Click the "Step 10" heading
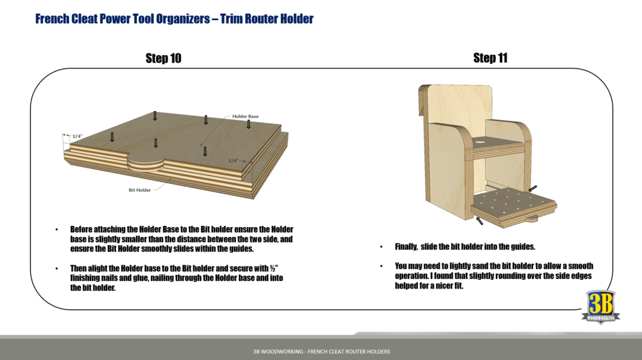pyautogui.click(x=163, y=58)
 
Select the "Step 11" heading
pyautogui.click(x=490, y=58)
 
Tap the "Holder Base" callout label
pyautogui.click(x=245, y=117)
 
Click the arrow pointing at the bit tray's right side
pyautogui.click(x=532, y=188)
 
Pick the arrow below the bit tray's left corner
pyautogui.click(x=480, y=220)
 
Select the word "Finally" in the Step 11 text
pyautogui.click(x=408, y=247)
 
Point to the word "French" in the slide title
pyautogui.click(x=54, y=19)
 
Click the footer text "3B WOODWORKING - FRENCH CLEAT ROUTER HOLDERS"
pyautogui.click(x=317, y=351)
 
